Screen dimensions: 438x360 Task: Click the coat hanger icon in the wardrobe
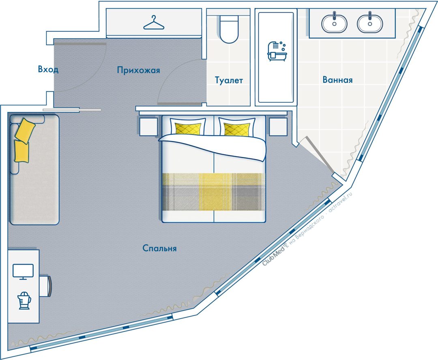click(x=154, y=23)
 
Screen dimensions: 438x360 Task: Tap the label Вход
click(x=48, y=69)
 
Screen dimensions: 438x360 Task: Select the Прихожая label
click(x=139, y=70)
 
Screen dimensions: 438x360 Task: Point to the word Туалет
click(x=229, y=80)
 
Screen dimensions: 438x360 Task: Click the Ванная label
click(x=337, y=80)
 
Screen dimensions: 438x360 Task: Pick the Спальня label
click(x=159, y=248)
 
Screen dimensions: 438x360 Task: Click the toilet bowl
click(x=229, y=29)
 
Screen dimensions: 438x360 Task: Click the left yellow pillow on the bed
click(x=188, y=129)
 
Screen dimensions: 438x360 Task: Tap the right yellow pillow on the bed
click(x=237, y=129)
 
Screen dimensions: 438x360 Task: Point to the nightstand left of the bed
click(x=148, y=127)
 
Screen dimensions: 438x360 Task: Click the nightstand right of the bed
click(x=278, y=127)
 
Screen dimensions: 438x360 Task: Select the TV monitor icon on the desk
click(x=23, y=272)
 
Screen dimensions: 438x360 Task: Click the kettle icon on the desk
click(x=24, y=300)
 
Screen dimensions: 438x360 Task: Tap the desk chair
click(x=45, y=286)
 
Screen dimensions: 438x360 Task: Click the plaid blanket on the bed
click(x=214, y=192)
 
